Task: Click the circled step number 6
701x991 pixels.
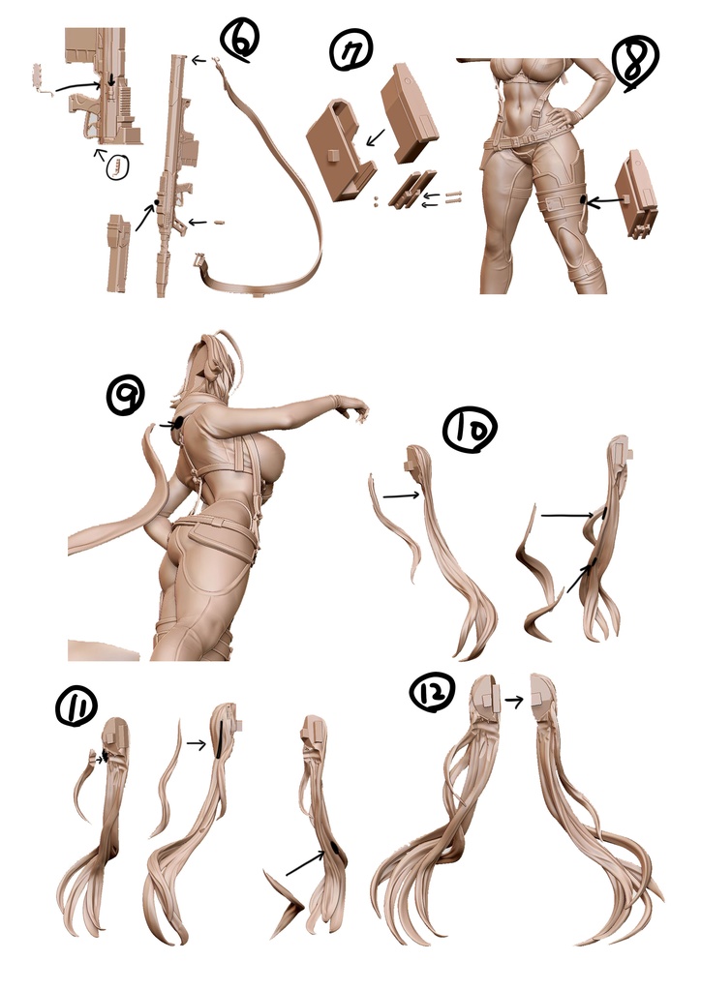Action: (239, 39)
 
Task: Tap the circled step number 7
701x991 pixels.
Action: (351, 49)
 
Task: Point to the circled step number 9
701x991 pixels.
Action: (125, 395)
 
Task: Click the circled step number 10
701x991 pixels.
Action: (470, 430)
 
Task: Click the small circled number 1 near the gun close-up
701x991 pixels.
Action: (117, 166)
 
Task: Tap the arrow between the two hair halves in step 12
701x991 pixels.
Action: (514, 701)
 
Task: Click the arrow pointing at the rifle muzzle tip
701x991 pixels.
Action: (199, 60)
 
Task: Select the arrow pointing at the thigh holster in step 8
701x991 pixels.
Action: (605, 201)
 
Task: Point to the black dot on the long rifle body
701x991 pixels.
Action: (157, 202)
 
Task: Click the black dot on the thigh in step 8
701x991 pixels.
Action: (583, 200)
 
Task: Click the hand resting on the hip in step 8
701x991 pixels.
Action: (564, 116)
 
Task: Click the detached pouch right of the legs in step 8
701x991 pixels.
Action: (639, 193)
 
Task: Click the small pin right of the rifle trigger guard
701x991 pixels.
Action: (219, 223)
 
